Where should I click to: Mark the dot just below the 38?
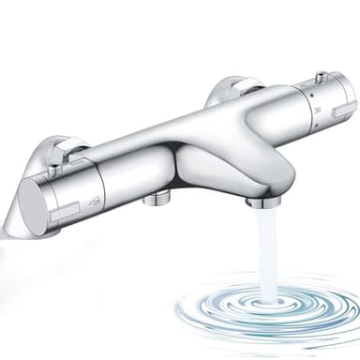coord(321,121)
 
